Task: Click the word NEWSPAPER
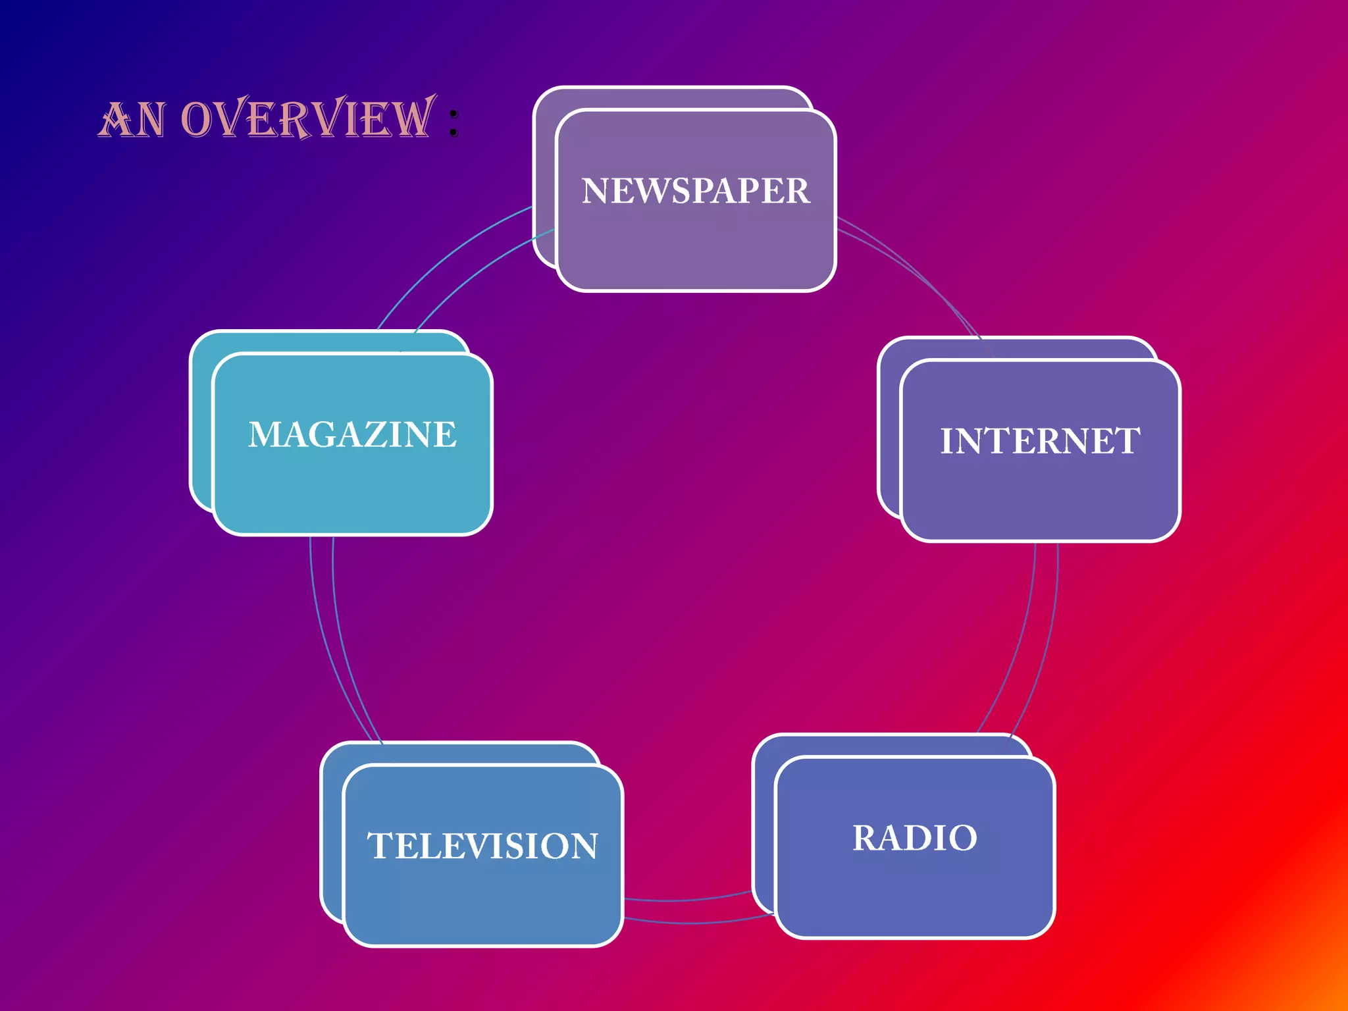(696, 191)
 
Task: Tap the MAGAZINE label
(352, 434)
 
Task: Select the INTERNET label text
(1040, 441)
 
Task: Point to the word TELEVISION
(482, 846)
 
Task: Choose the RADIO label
(915, 838)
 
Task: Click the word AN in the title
(132, 120)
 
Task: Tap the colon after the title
(454, 123)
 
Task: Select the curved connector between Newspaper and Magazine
(454, 263)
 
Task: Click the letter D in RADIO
(921, 838)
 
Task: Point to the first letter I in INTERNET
(947, 441)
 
